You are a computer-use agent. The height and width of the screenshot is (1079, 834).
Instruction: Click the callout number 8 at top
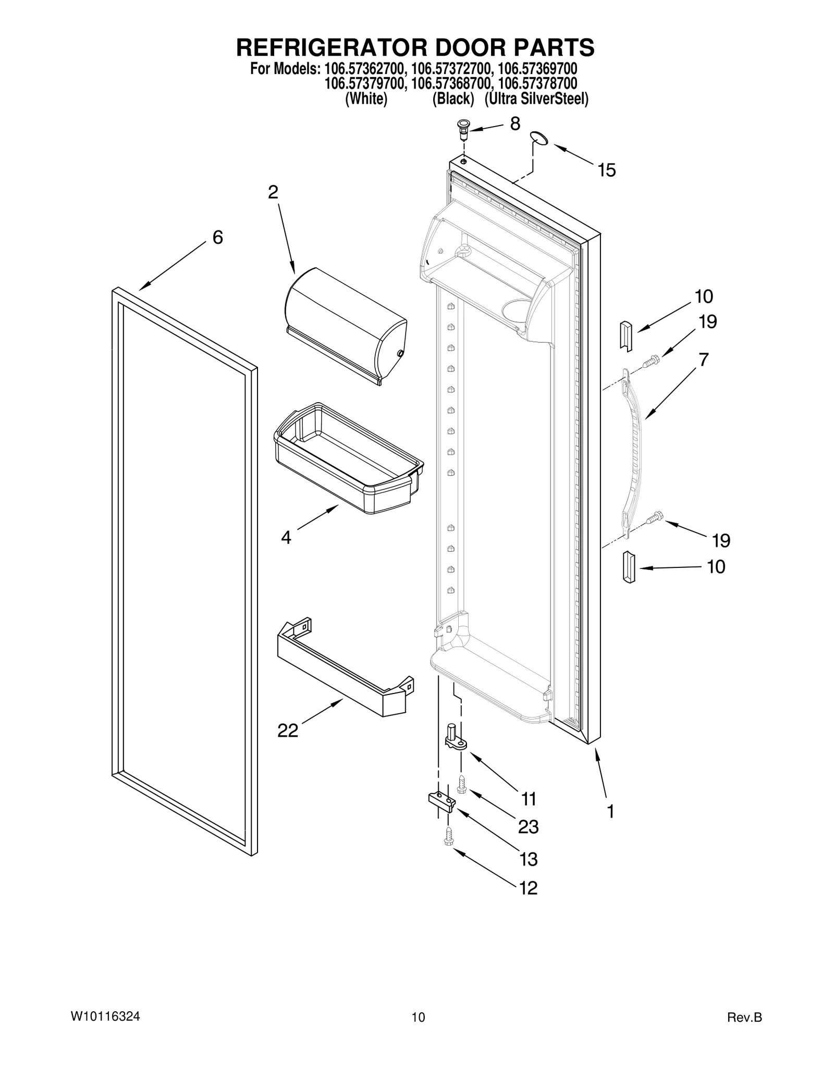tap(514, 124)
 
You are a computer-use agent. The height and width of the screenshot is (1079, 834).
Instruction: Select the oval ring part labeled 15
tap(539, 138)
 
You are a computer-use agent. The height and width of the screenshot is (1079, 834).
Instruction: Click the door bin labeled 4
tap(348, 457)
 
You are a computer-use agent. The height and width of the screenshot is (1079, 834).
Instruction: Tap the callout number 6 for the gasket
tap(217, 238)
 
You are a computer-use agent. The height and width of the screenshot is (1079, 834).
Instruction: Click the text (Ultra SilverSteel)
tap(536, 99)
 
